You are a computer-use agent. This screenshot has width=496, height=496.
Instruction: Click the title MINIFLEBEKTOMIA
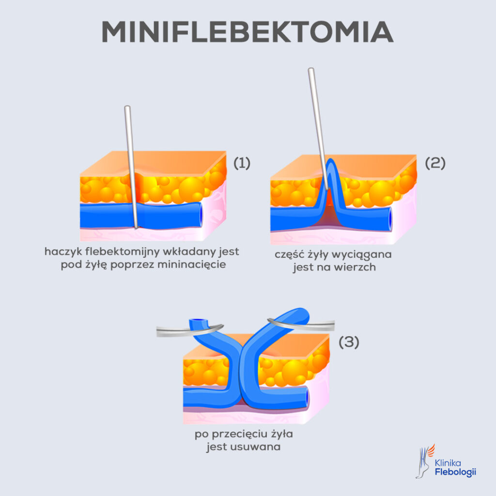pos(247,32)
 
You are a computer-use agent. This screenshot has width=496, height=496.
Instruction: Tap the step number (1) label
pos(242,163)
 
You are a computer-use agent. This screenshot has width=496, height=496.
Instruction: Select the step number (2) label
pos(434,163)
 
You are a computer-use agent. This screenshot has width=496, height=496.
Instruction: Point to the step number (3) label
pos(348,342)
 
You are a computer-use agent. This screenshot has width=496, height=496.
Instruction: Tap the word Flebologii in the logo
pos(455,472)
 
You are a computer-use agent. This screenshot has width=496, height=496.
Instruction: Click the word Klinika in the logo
pos(449,463)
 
